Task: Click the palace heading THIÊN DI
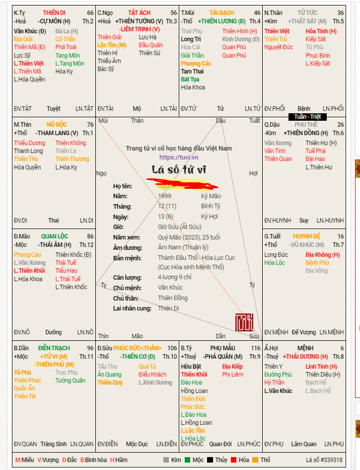(54, 13)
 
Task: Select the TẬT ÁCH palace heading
(139, 13)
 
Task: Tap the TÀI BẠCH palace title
(221, 13)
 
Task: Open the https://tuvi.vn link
(179, 157)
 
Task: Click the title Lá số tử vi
(179, 170)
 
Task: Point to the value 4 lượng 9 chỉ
(174, 277)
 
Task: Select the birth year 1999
(165, 196)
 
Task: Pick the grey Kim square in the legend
(166, 460)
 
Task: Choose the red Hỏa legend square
(233, 460)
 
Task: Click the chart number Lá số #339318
(324, 460)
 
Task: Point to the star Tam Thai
(192, 72)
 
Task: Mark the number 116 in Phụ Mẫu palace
(255, 348)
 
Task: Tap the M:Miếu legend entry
(25, 460)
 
